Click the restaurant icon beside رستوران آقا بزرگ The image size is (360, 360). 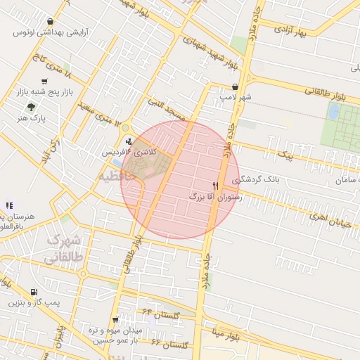215,186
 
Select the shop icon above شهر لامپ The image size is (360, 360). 224,87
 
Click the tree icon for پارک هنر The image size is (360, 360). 30,107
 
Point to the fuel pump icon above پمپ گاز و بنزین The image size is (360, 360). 34,292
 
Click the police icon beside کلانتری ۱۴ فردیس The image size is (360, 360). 127,140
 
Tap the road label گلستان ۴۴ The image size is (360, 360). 162,311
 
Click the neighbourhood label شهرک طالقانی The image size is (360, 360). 64,250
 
